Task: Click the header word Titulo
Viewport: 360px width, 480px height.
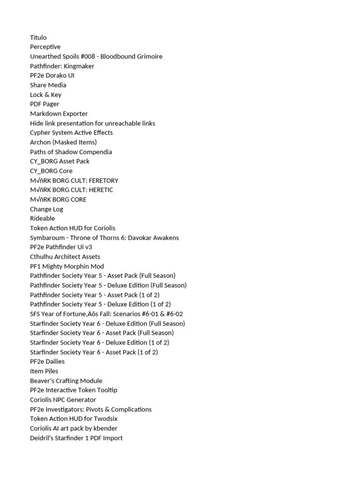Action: (38, 37)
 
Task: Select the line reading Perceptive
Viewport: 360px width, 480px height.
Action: (45, 47)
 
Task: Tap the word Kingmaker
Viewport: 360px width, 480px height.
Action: (79, 66)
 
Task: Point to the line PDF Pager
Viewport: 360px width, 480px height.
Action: (45, 104)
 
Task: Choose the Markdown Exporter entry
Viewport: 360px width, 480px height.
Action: (59, 113)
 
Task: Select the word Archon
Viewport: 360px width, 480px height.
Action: (40, 142)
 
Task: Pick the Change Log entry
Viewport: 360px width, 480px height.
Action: (46, 209)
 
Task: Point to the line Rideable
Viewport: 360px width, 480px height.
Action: (43, 218)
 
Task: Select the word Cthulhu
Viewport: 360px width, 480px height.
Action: (42, 256)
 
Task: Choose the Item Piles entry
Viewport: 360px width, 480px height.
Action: (44, 371)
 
